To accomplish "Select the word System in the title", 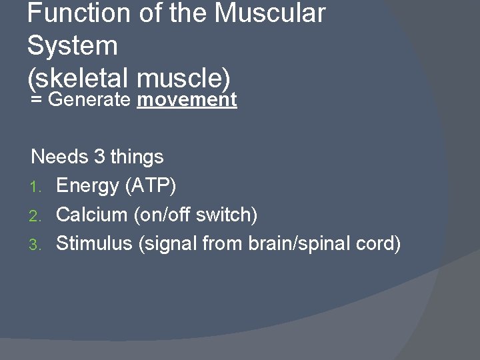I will click(x=73, y=46).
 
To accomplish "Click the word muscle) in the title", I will click(x=183, y=79).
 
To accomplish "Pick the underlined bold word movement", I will click(x=187, y=100).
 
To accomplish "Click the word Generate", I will click(x=90, y=100).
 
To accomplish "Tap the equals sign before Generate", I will click(x=37, y=101).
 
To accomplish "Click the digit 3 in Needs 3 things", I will click(x=99, y=157).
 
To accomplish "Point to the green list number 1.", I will click(x=37, y=187).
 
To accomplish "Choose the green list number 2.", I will click(x=37, y=215).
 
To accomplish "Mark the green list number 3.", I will click(x=37, y=245).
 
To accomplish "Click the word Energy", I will click(x=87, y=186).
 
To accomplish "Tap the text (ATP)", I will click(x=151, y=186).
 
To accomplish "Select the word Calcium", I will click(x=91, y=215).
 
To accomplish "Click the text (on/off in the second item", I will click(x=164, y=215).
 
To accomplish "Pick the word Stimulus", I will click(x=94, y=244).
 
